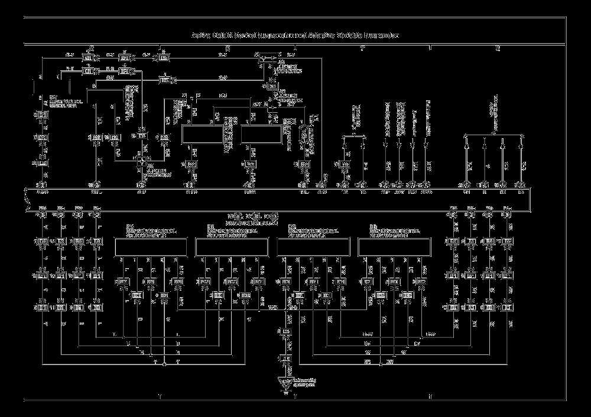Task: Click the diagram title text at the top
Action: click(x=295, y=35)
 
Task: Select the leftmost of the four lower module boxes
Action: click(x=150, y=247)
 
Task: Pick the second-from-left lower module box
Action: click(x=232, y=247)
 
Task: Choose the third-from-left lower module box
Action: click(x=313, y=247)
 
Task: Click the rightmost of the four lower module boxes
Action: click(x=394, y=247)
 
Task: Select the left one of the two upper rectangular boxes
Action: click(x=200, y=135)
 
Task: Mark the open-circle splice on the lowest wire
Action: click(x=164, y=364)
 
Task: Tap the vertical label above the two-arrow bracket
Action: click(x=355, y=116)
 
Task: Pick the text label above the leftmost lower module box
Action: click(x=150, y=230)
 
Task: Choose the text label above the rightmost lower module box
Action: click(x=394, y=230)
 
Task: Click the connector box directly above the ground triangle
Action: click(x=285, y=359)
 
